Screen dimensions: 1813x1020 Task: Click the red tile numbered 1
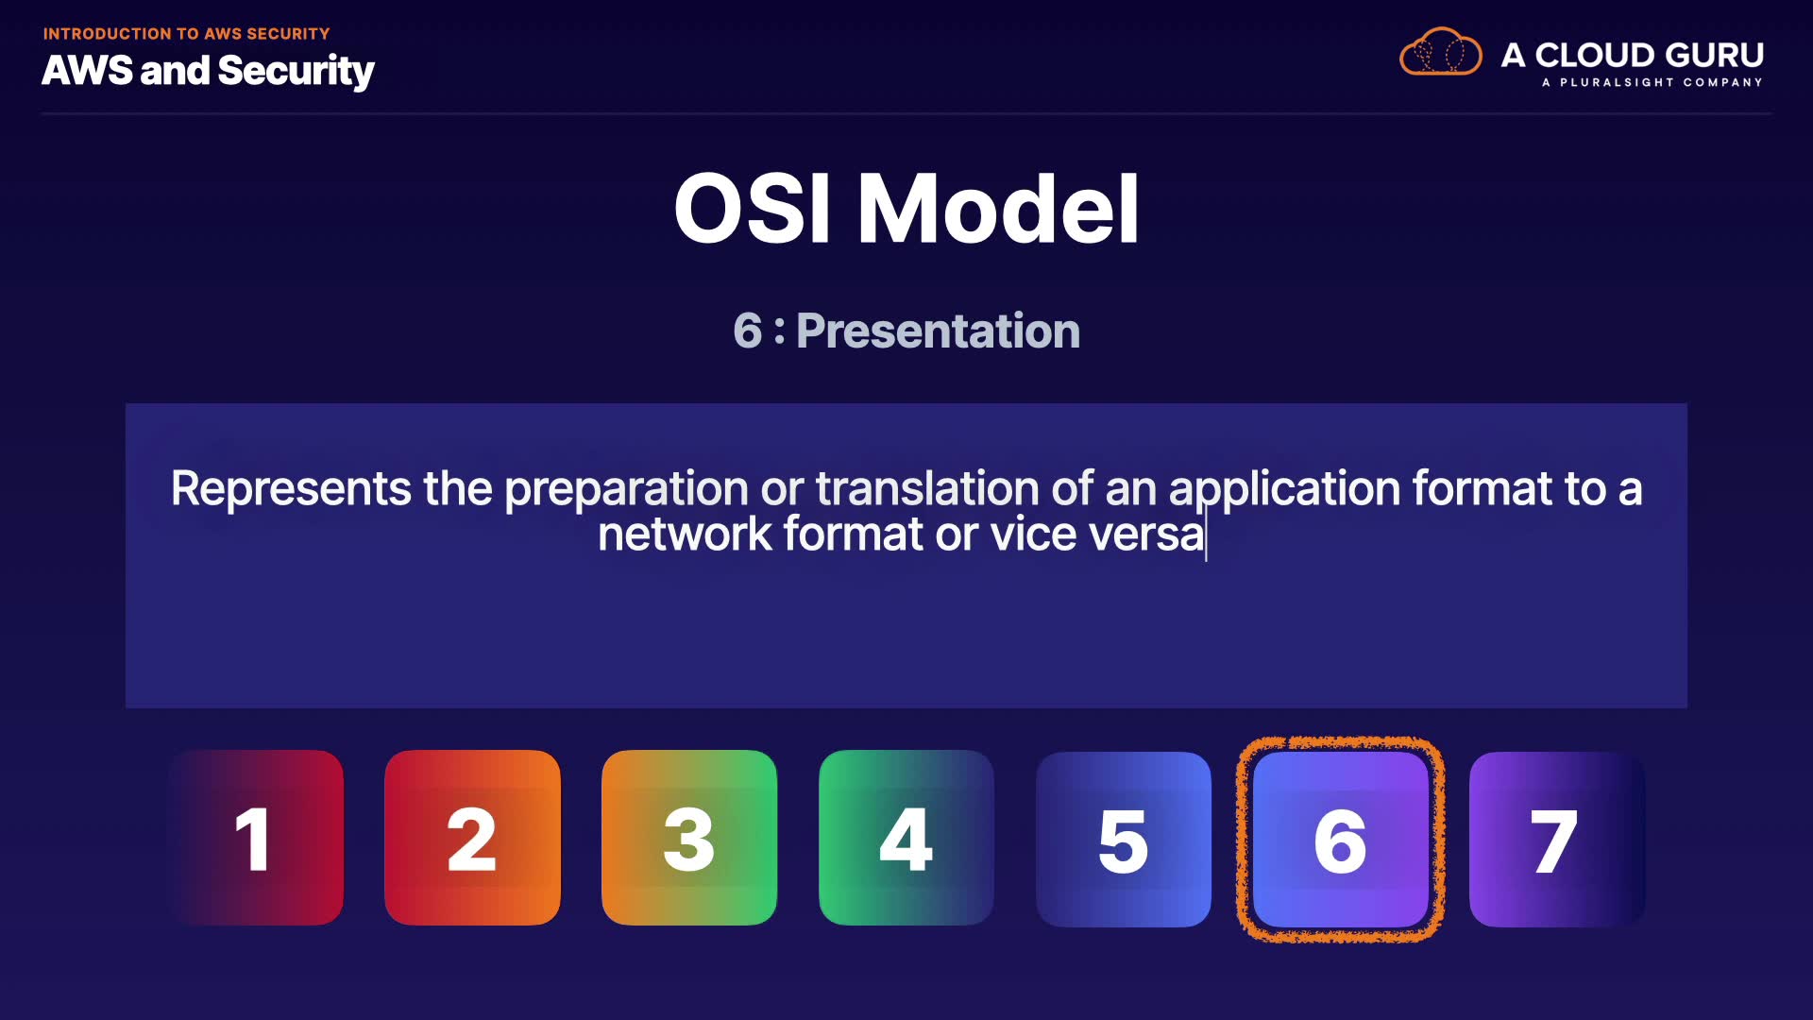tap(256, 838)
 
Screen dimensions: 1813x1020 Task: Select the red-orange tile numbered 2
tap(472, 838)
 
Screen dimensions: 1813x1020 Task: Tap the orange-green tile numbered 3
tap(689, 838)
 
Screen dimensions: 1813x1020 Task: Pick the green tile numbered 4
tap(906, 838)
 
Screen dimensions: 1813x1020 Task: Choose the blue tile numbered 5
tap(1124, 839)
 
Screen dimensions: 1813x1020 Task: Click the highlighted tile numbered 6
tap(1341, 839)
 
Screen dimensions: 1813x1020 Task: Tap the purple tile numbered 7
tap(1557, 839)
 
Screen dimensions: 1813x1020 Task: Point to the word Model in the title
tap(998, 209)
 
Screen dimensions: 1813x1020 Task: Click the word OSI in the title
tap(753, 209)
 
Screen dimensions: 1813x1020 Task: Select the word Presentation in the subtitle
tap(938, 331)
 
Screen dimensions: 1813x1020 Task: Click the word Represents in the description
tap(291, 489)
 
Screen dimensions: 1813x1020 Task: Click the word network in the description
tap(685, 535)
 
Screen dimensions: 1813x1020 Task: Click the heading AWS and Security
tap(208, 72)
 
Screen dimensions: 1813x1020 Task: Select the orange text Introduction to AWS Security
tap(186, 34)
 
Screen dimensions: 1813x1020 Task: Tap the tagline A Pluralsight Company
tap(1652, 82)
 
